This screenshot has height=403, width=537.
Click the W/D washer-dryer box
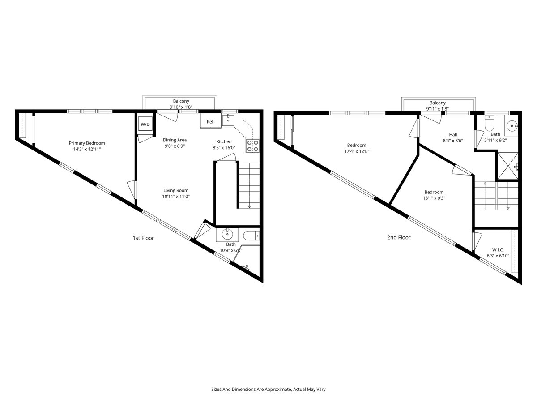(x=145, y=124)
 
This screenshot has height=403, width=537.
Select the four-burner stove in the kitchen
(x=252, y=146)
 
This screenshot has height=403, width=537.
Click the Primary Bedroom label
(x=87, y=143)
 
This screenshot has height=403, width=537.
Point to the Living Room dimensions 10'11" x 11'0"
(x=176, y=196)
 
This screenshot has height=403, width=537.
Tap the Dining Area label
(x=175, y=140)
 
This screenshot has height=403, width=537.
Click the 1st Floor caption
(x=143, y=238)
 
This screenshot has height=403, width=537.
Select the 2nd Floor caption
(x=399, y=237)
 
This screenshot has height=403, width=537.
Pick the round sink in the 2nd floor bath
(x=511, y=126)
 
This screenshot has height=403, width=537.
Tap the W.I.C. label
(x=498, y=250)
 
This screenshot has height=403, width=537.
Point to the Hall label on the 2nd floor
(x=453, y=135)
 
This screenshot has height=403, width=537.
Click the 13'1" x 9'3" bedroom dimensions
(x=434, y=198)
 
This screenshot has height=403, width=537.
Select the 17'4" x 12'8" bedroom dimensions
(x=357, y=151)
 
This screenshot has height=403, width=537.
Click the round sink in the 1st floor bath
(x=227, y=235)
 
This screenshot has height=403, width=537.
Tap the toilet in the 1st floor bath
(x=251, y=236)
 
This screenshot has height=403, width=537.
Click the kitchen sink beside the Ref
(x=228, y=120)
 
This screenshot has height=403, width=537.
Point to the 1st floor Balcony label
(x=181, y=101)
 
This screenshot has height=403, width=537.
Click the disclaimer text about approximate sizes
(x=268, y=389)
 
